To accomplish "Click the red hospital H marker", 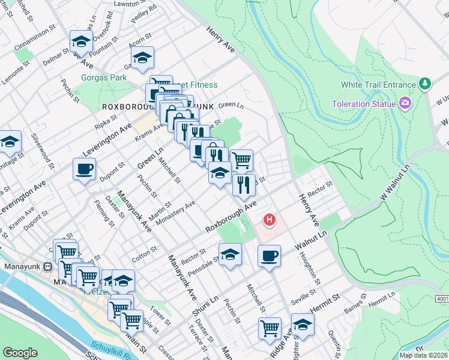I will click(x=270, y=220).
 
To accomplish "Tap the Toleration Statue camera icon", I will click(x=405, y=104).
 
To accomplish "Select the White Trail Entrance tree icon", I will click(x=425, y=85).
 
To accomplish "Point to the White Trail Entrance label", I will click(x=378, y=85).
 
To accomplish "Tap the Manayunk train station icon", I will click(x=47, y=266).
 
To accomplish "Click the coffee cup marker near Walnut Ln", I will click(x=269, y=256).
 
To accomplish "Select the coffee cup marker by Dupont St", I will click(x=84, y=169).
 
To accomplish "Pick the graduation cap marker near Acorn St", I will click(x=142, y=58).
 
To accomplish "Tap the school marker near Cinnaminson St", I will click(x=81, y=41).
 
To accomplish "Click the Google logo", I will click(x=20, y=353).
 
